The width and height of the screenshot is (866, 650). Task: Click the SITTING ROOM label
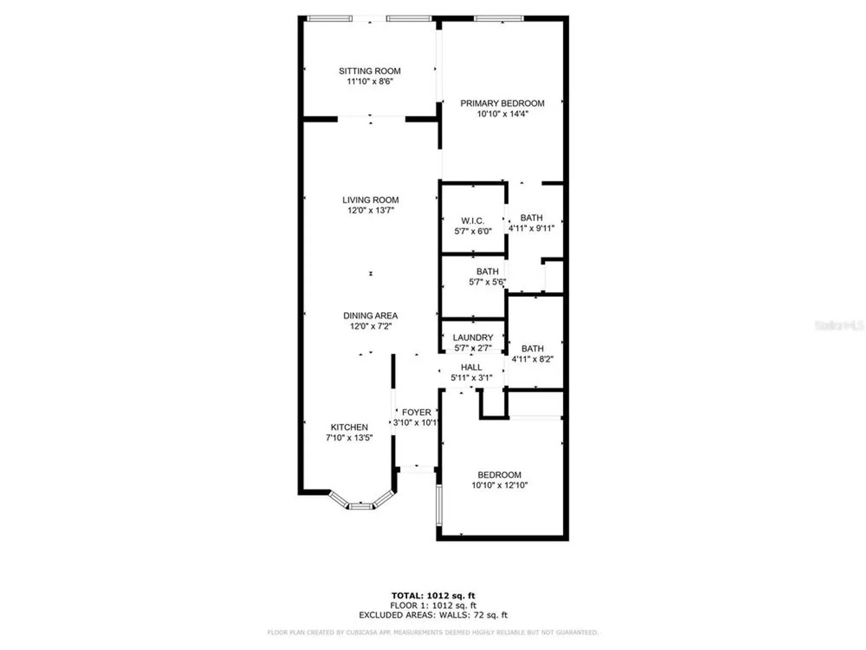click(x=369, y=71)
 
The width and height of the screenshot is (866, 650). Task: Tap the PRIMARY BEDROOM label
click(x=502, y=104)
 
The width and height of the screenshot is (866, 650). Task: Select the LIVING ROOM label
click(x=370, y=200)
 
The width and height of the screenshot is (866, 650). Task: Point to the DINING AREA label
click(x=370, y=316)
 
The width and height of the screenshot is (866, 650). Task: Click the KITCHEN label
click(x=349, y=427)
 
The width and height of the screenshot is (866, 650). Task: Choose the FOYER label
click(x=416, y=413)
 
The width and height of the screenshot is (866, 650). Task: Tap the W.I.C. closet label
click(x=472, y=221)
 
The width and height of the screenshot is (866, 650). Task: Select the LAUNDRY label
click(x=473, y=338)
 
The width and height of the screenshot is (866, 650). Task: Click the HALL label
click(x=471, y=367)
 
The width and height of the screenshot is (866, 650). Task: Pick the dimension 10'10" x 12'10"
click(x=499, y=485)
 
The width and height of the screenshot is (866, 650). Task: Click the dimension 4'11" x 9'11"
click(x=531, y=228)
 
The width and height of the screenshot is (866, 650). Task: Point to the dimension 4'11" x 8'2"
click(x=532, y=359)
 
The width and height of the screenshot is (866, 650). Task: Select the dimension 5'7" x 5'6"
click(x=487, y=282)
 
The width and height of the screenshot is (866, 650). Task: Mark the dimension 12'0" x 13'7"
click(x=371, y=211)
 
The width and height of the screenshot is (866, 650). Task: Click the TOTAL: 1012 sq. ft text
click(x=433, y=596)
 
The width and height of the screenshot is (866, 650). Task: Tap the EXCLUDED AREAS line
click(x=433, y=615)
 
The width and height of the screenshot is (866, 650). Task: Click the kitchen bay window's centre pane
click(x=361, y=506)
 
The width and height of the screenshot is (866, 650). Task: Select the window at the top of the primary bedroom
click(x=499, y=19)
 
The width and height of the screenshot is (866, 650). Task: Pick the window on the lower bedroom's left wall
click(x=439, y=505)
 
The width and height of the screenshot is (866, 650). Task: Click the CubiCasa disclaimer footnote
click(x=433, y=633)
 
